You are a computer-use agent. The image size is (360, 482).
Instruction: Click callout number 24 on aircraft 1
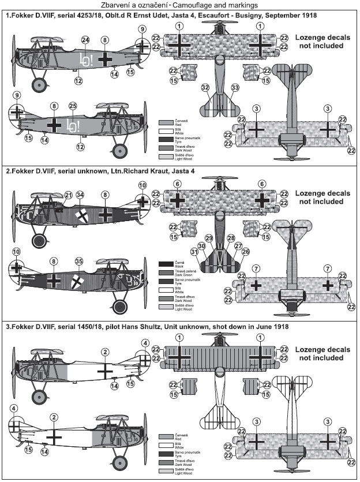click(85, 40)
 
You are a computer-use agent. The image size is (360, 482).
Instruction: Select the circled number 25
click(73, 106)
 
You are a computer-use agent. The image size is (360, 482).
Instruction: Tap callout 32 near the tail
click(205, 87)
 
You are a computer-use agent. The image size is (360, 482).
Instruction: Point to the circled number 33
click(235, 87)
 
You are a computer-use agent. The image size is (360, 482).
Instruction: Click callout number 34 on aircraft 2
click(80, 195)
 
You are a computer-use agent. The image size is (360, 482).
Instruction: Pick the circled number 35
click(79, 260)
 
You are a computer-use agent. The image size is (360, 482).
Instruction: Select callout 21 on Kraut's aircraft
click(68, 195)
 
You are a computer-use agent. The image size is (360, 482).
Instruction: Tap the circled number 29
click(209, 238)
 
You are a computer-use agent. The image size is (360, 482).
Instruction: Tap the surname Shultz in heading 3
click(151, 327)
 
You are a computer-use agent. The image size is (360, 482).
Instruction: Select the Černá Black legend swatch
click(164, 264)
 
